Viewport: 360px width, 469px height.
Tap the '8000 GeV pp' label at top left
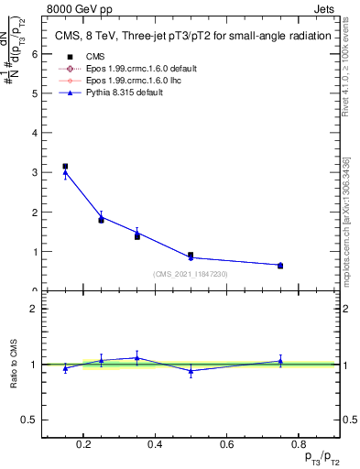(74, 8)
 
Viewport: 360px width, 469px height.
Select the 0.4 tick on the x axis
(154, 446)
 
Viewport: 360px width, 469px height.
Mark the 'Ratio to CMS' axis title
(16, 365)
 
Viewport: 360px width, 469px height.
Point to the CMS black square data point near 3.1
(65, 167)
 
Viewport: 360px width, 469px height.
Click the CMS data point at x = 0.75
(280, 266)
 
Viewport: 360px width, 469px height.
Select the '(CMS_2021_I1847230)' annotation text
(191, 273)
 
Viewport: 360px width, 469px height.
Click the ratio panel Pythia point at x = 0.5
(191, 371)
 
